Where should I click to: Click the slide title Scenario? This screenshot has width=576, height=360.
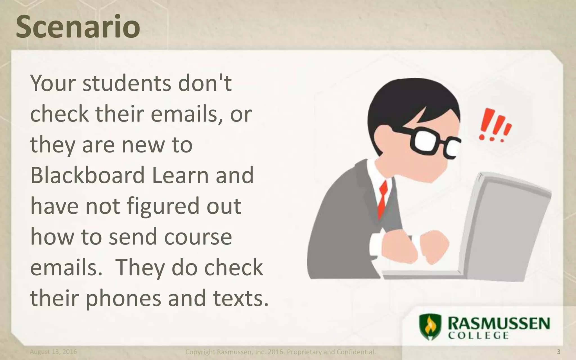pyautogui.click(x=78, y=27)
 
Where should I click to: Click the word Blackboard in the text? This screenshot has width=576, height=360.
pyautogui.click(x=87, y=175)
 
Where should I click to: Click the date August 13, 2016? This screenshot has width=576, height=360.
pyautogui.click(x=53, y=352)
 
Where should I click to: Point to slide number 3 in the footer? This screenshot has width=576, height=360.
pyautogui.click(x=559, y=352)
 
